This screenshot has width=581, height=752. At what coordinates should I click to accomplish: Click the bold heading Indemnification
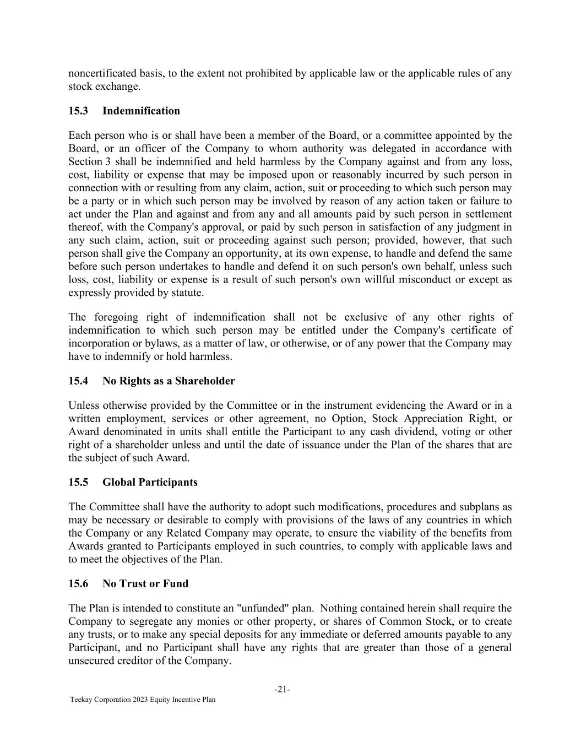pyautogui.click(x=141, y=111)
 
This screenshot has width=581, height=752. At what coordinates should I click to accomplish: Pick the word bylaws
pyautogui.click(x=153, y=343)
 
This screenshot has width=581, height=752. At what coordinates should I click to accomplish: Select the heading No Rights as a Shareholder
pyautogui.click(x=169, y=381)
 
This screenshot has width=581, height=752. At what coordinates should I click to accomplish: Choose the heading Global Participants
pyautogui.click(x=150, y=482)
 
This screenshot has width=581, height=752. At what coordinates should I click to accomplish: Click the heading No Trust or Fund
pyautogui.click(x=145, y=583)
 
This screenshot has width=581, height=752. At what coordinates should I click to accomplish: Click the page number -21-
pyautogui.click(x=283, y=689)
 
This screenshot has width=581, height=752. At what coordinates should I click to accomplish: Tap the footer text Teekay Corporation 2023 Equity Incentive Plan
pyautogui.click(x=143, y=700)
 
